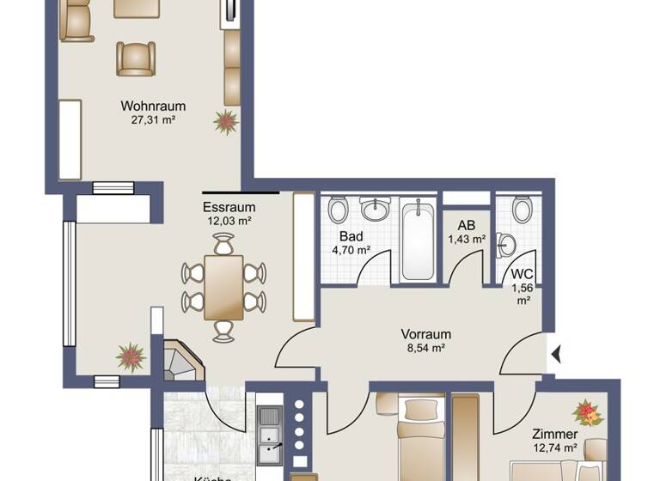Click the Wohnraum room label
coord(153,106)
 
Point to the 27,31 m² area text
coord(153,120)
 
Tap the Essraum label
coord(229,207)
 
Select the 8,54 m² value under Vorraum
coord(425,349)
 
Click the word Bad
coord(351,236)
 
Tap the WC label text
coord(522,274)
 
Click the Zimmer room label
coord(553,435)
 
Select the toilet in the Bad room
coord(338,209)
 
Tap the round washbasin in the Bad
coord(375,209)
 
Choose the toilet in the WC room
coord(521,209)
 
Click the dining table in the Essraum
coord(224,287)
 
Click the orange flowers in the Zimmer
coord(589,412)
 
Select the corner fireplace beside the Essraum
coord(181,362)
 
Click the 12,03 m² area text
coord(229,221)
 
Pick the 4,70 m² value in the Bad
coord(351,250)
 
